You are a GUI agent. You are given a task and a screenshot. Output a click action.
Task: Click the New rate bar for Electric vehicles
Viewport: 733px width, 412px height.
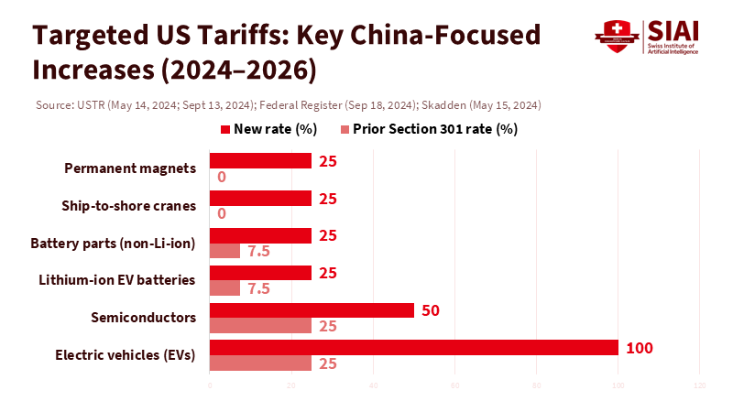(414, 348)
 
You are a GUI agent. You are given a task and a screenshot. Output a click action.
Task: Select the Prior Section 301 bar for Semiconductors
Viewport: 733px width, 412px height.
(260, 326)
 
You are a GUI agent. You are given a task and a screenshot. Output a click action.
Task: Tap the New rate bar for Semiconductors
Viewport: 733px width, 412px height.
(312, 310)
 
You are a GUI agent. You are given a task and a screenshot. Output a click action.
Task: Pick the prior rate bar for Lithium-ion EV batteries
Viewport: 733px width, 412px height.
(224, 288)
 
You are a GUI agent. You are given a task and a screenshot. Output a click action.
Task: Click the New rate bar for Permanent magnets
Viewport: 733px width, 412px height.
(260, 161)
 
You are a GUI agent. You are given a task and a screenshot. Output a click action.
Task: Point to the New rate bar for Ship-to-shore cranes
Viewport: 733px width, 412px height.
(260, 198)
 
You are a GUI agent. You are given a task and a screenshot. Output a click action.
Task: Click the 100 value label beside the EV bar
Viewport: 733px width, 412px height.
(639, 348)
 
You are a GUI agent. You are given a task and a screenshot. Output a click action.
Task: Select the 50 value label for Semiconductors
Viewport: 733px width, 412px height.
(431, 310)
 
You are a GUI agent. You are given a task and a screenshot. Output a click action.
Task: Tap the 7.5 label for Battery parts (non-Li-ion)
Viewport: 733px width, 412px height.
(259, 251)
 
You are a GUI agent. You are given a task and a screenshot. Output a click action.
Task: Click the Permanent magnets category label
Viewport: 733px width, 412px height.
(130, 168)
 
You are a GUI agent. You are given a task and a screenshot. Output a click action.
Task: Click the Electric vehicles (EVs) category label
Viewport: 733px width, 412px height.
(126, 354)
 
